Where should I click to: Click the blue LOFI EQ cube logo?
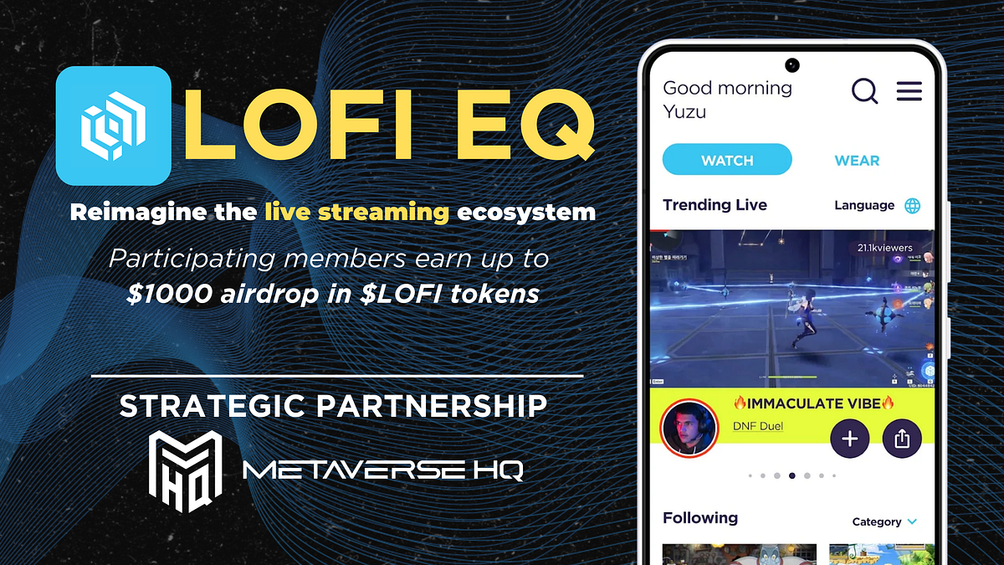click(113, 126)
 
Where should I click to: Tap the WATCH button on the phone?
click(726, 160)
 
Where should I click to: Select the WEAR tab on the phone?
click(857, 160)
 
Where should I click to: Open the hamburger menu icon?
click(909, 91)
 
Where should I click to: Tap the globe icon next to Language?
click(913, 206)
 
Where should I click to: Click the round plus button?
click(850, 439)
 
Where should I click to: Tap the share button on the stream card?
click(901, 439)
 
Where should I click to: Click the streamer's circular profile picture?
click(690, 429)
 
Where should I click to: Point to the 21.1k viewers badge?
click(884, 248)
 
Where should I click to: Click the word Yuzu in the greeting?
click(684, 111)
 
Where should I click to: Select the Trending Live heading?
click(715, 205)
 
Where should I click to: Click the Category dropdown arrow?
click(912, 522)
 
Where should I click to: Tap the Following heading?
click(700, 518)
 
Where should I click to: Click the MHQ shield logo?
click(185, 471)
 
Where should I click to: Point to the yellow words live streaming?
click(356, 212)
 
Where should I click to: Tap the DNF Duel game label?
click(757, 426)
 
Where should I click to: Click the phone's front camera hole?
click(791, 64)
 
